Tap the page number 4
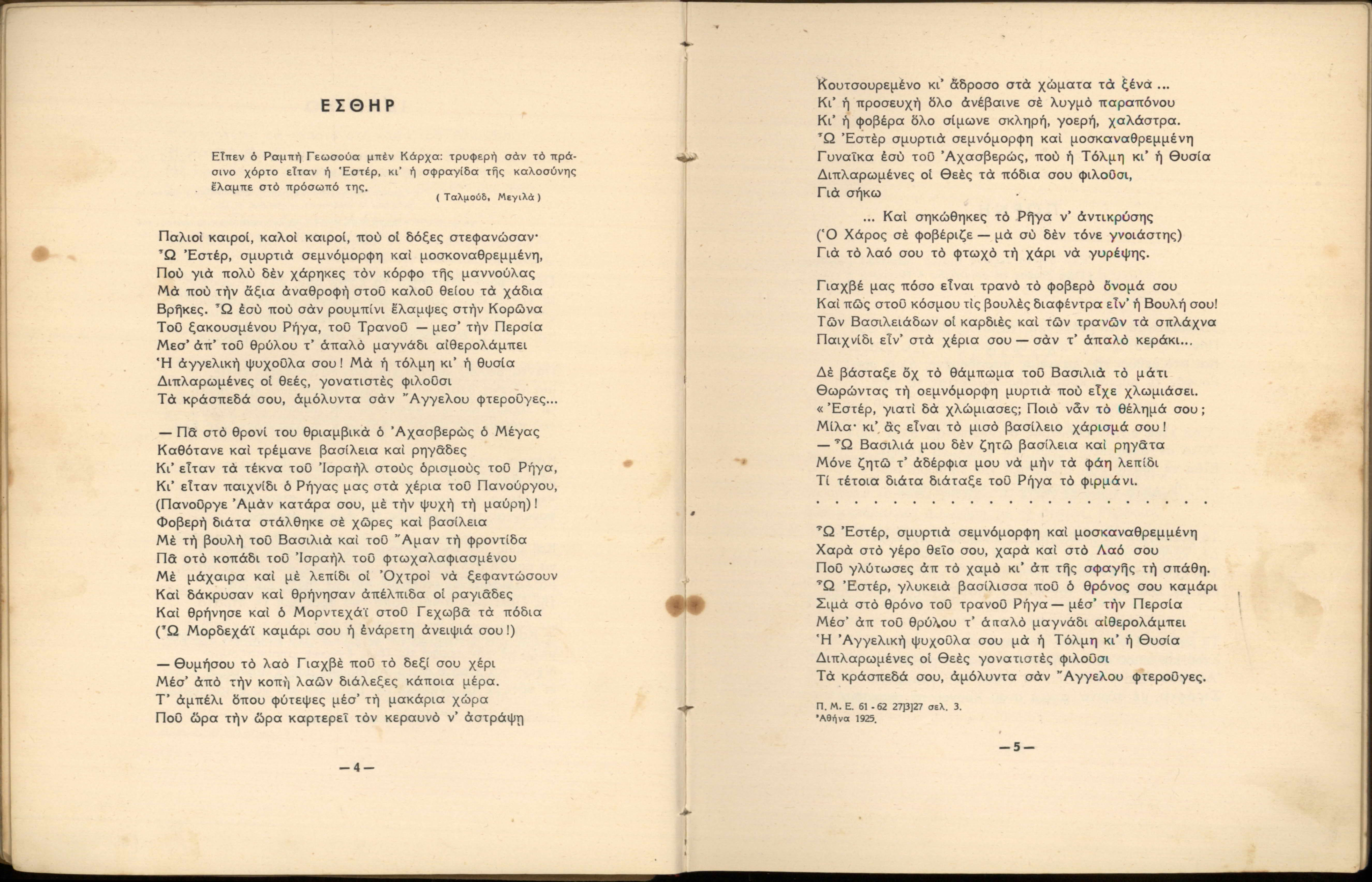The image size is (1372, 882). [356, 768]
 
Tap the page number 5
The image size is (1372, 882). [1017, 747]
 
